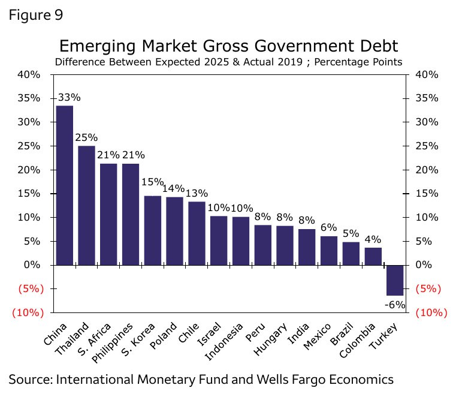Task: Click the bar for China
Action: point(64,185)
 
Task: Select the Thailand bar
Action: point(86,205)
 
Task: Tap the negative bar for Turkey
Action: point(395,280)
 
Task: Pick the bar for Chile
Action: point(197,233)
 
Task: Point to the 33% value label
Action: point(69,97)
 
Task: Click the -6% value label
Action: point(395,304)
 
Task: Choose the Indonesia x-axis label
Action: point(225,343)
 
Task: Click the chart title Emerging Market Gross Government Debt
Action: point(228,46)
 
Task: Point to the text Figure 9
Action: point(35,14)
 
